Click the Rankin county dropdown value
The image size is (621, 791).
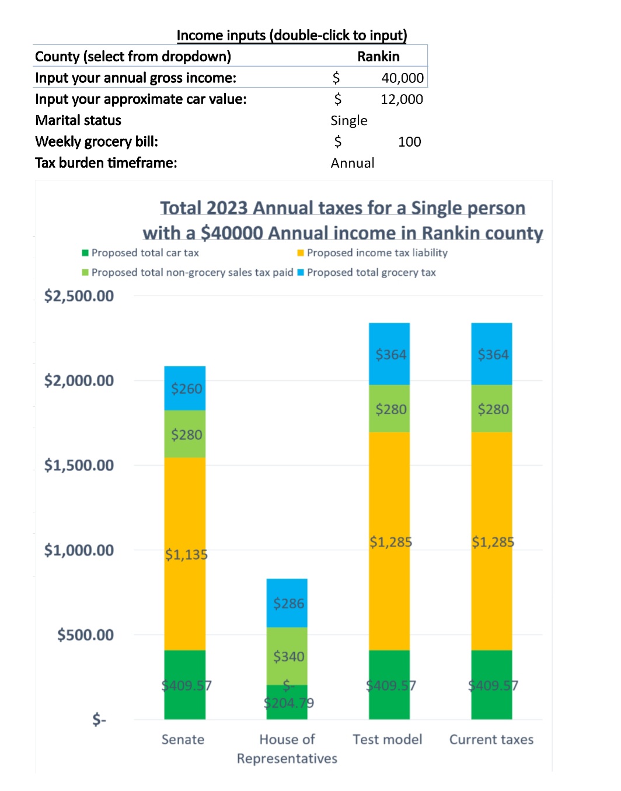pyautogui.click(x=378, y=57)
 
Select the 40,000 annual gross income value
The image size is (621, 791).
pyautogui.click(x=402, y=78)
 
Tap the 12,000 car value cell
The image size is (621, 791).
pyautogui.click(x=402, y=99)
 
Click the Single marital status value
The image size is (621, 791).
pyautogui.click(x=349, y=121)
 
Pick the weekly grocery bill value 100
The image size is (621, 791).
pyautogui.click(x=409, y=142)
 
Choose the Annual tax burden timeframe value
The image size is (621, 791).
pyautogui.click(x=353, y=163)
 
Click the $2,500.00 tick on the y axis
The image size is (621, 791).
pyautogui.click(x=79, y=296)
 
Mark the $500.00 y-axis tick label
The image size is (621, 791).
pyautogui.click(x=85, y=635)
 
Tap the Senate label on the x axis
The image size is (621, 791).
pyautogui.click(x=183, y=740)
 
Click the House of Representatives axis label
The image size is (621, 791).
pyautogui.click(x=287, y=749)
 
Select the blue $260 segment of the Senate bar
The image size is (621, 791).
pyautogui.click(x=185, y=388)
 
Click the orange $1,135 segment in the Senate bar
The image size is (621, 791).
pyautogui.click(x=185, y=554)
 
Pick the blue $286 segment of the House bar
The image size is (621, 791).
pyautogui.click(x=287, y=603)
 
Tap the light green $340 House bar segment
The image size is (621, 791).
pyautogui.click(x=287, y=656)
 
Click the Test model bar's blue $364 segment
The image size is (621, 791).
pyautogui.click(x=389, y=354)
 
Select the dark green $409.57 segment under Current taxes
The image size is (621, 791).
pyautogui.click(x=491, y=685)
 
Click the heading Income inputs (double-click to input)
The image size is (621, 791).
pyautogui.click(x=292, y=36)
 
